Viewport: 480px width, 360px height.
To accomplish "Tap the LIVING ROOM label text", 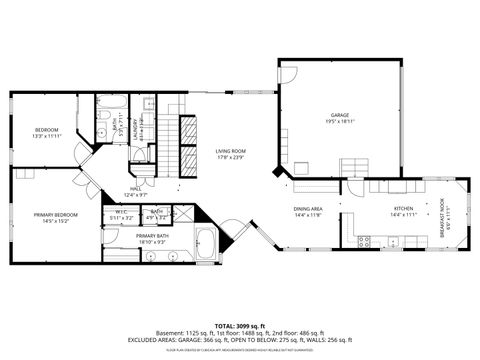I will coord(231,151).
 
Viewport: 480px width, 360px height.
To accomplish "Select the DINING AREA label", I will coord(308,209).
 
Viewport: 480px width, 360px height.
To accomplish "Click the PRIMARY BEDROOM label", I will coord(54,215).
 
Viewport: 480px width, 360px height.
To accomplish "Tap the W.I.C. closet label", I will coord(121,212).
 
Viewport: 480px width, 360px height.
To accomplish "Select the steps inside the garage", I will coord(355,167).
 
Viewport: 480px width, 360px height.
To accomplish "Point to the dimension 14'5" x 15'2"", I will coord(54,221).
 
